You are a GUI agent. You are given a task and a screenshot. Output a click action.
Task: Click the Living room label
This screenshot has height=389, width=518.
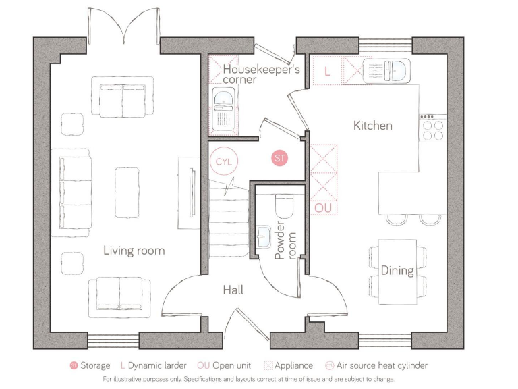[x=134, y=251]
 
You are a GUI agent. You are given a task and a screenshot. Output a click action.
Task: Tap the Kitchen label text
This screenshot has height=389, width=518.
[x=372, y=126]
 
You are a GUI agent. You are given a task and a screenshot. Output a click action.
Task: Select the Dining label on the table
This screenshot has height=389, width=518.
[x=397, y=271]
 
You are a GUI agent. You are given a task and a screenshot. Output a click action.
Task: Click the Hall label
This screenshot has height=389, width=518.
[x=233, y=290]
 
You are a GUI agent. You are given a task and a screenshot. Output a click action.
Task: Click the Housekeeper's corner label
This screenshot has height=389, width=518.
[x=260, y=74]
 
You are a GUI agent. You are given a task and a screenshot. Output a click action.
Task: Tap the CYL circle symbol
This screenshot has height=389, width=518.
[x=223, y=162]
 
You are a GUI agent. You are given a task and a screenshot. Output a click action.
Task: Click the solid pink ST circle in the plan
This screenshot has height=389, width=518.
[x=279, y=159]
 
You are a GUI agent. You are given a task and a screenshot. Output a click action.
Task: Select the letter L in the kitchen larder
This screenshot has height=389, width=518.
[x=327, y=71]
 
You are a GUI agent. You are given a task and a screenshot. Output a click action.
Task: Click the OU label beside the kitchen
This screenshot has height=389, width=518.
[x=323, y=209]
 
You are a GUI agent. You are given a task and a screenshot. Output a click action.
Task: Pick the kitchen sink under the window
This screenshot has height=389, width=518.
[x=385, y=70]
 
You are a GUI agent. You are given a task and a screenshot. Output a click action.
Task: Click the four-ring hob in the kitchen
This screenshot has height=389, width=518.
[x=432, y=128]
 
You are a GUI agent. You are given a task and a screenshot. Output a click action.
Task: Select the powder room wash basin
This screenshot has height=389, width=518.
[x=263, y=235]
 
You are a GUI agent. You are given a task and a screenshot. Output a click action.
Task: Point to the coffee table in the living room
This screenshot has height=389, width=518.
[x=126, y=183]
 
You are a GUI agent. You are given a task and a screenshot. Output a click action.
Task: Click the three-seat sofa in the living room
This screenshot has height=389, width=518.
[x=74, y=188]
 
